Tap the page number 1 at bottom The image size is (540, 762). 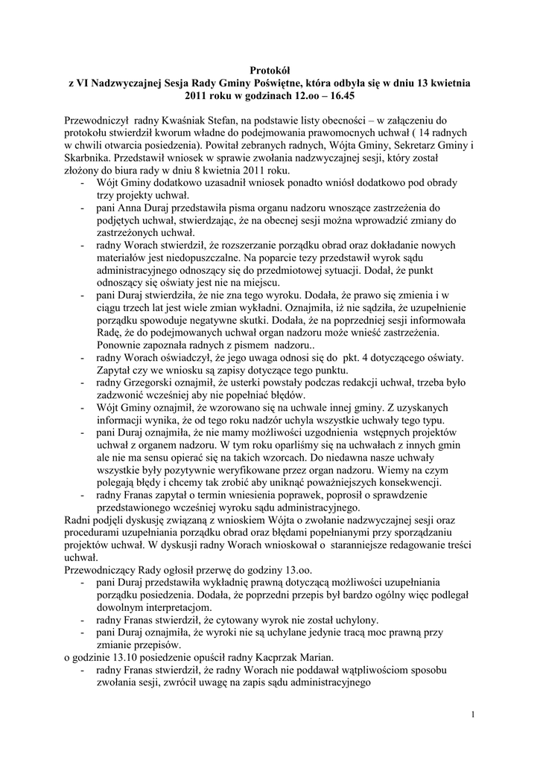472,716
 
